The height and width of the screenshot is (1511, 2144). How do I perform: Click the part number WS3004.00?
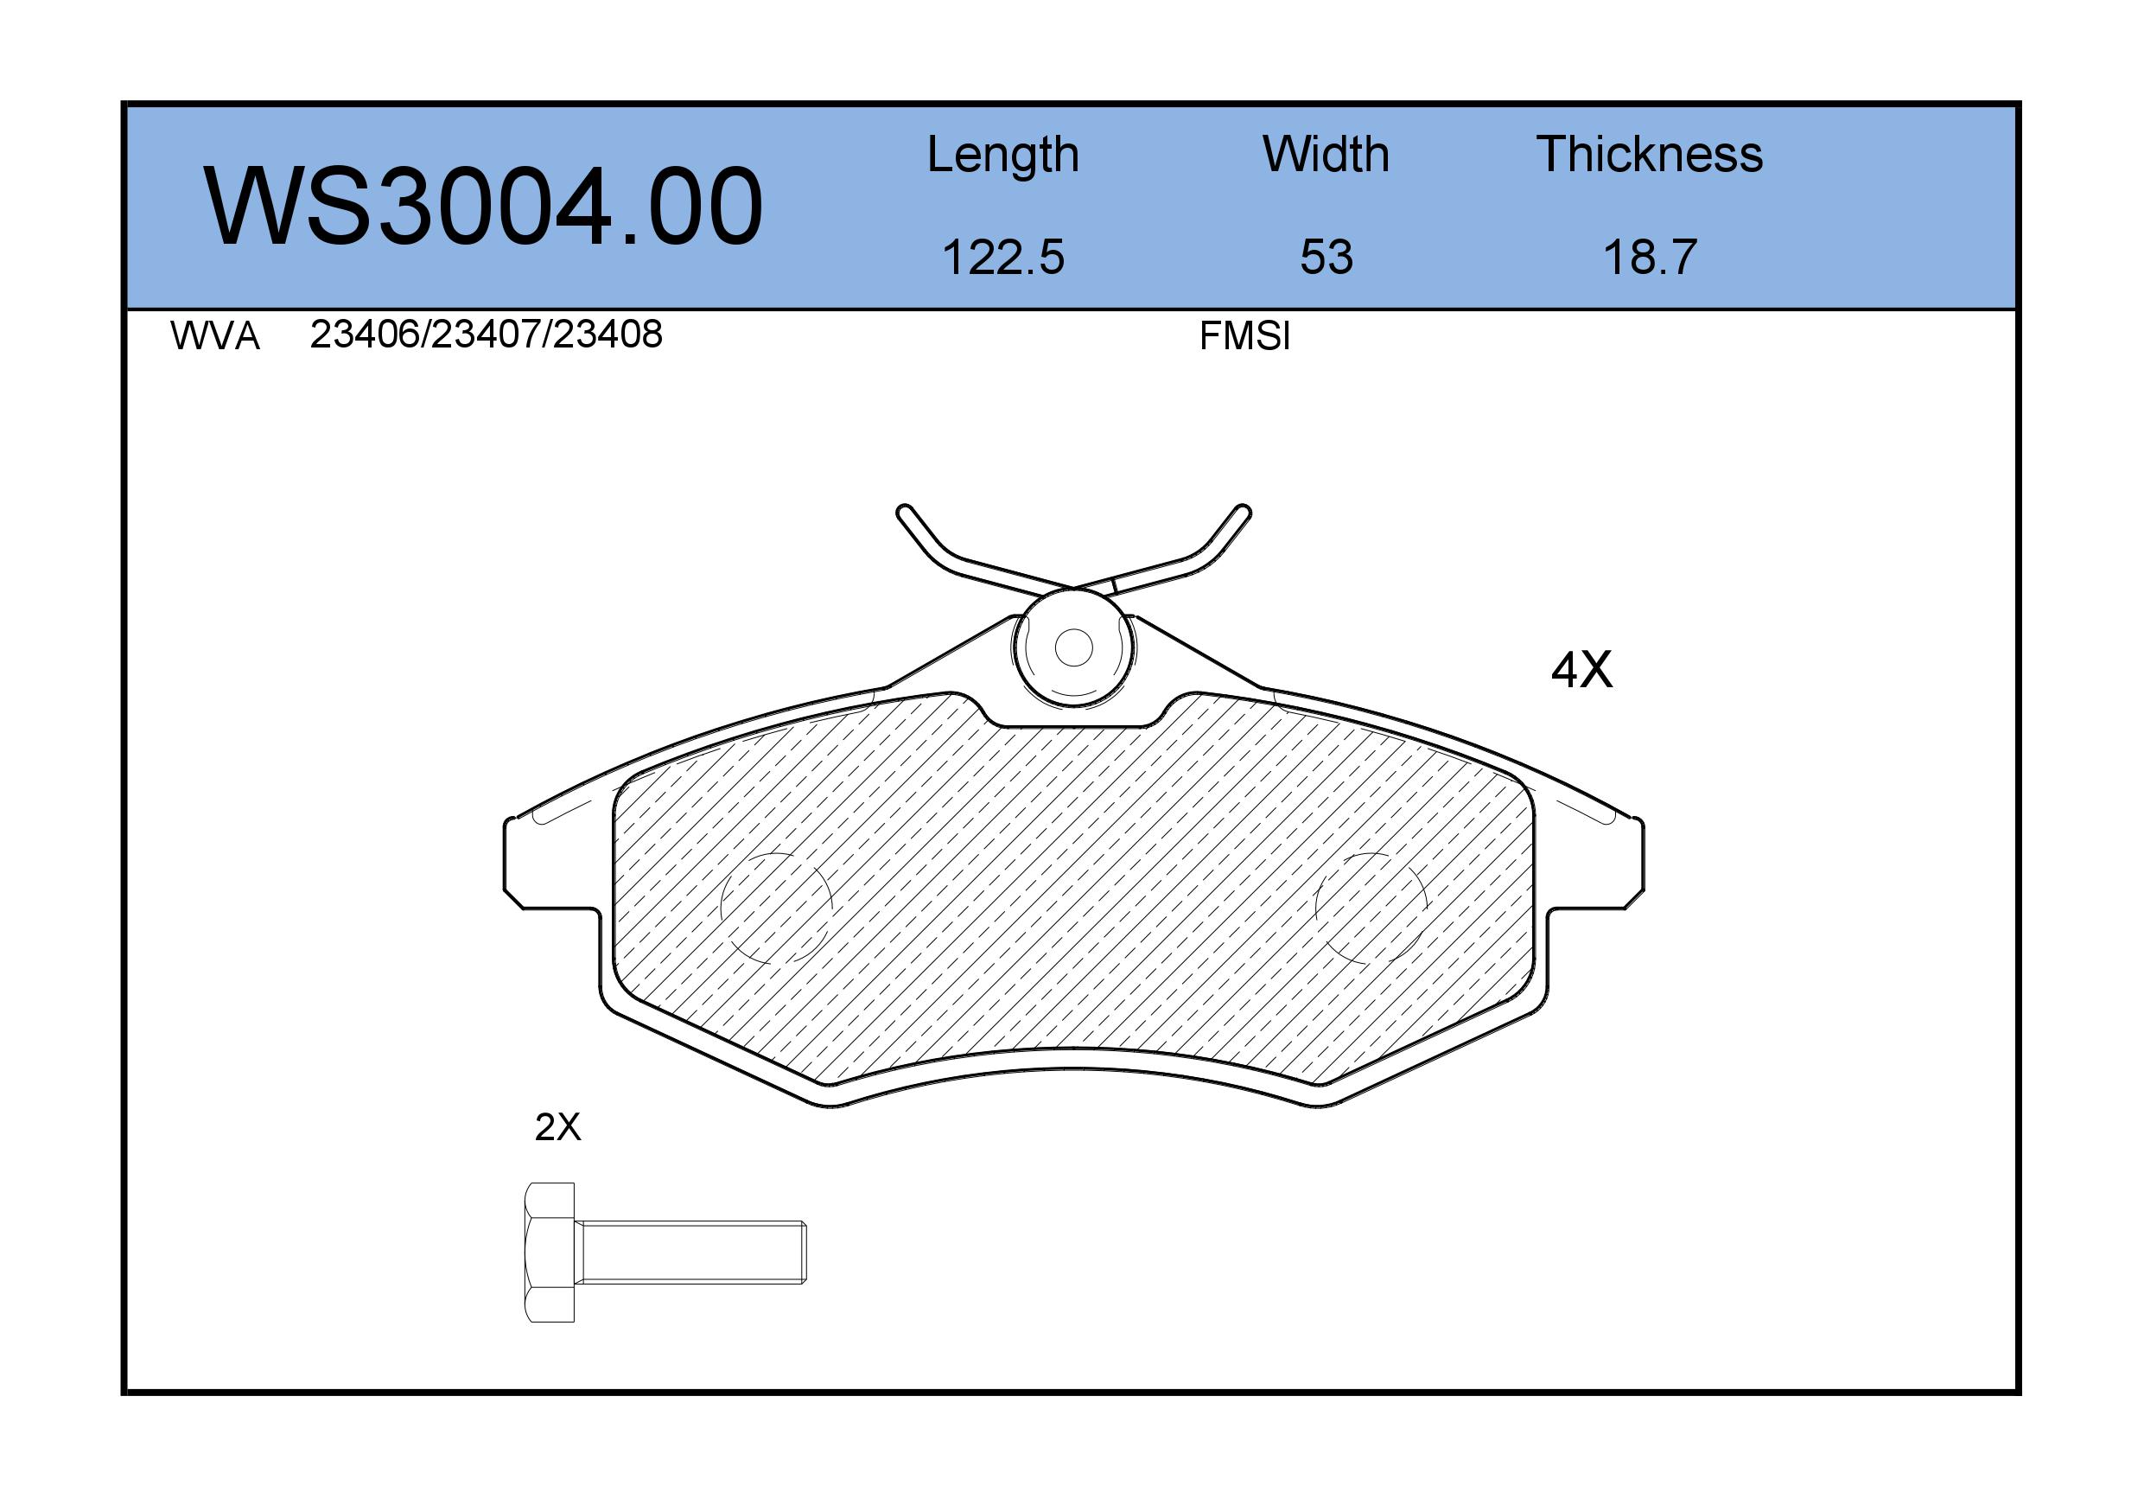pos(483,207)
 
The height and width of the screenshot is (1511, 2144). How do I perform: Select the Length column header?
pos(1003,155)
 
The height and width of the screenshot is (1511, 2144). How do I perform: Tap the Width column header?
pos(1326,154)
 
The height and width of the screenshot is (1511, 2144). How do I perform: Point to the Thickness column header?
pos(1649,154)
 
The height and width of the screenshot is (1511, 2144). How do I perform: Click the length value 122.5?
pos(1003,258)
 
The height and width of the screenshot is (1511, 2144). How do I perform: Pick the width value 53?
pos(1326,258)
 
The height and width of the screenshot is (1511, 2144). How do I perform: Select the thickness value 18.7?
pos(1649,258)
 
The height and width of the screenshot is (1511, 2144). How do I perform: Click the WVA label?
pos(215,336)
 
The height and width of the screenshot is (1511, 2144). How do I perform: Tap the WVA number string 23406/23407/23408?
pos(486,335)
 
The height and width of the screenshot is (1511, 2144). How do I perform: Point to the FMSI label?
pos(1244,336)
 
